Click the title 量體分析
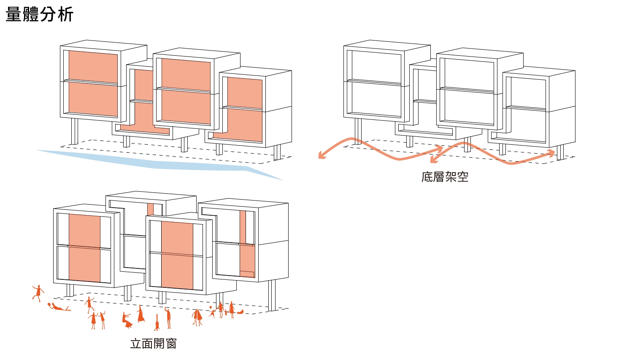point(40,14)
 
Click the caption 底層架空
point(445,177)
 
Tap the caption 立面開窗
point(153,344)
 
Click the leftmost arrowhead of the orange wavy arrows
point(322,155)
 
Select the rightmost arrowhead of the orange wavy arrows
point(551,153)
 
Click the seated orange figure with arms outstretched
point(127,320)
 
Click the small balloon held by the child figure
point(211,308)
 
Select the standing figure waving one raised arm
point(168,318)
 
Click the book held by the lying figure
point(50,305)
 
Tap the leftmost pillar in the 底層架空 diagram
point(358,131)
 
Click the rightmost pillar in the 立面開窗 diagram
point(272,295)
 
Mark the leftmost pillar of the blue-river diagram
point(74,131)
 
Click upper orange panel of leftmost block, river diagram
point(93,67)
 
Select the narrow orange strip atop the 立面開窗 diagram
point(151,210)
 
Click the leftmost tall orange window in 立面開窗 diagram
point(84,248)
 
